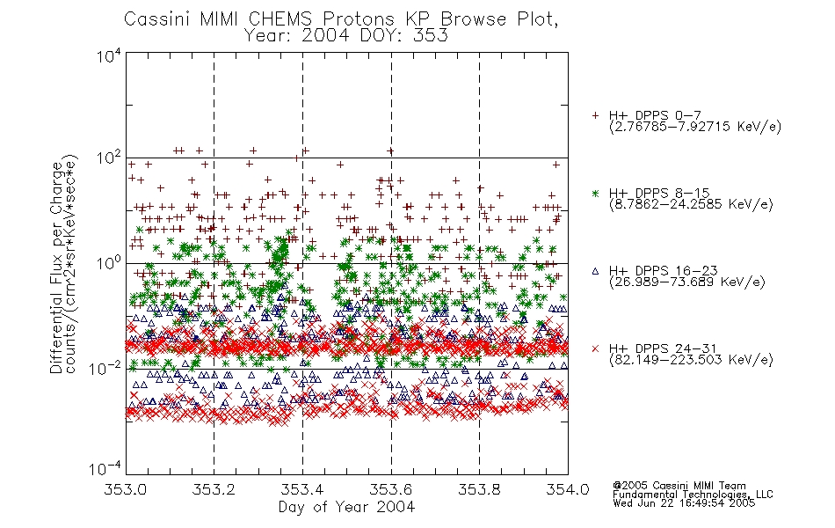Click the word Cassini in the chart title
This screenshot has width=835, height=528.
[158, 19]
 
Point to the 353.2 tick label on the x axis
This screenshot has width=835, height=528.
[214, 489]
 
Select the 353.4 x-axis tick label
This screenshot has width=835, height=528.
[302, 489]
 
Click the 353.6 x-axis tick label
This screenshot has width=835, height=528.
[391, 489]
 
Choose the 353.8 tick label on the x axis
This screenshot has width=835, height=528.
[479, 489]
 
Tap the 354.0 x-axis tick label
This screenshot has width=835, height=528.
[568, 489]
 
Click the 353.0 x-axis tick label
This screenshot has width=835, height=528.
[126, 489]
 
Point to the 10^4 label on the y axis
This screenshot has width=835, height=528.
[109, 55]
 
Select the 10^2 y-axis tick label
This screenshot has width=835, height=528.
[109, 158]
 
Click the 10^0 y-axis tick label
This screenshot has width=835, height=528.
[109, 263]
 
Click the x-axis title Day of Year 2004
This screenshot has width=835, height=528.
[346, 507]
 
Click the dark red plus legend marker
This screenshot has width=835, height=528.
[595, 115]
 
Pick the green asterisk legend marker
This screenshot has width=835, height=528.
[595, 193]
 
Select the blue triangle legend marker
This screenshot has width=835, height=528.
[595, 271]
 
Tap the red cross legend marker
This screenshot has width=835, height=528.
[595, 348]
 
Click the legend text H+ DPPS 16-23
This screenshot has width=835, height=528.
[663, 271]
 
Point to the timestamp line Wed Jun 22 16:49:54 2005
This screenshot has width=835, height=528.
[684, 503]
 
